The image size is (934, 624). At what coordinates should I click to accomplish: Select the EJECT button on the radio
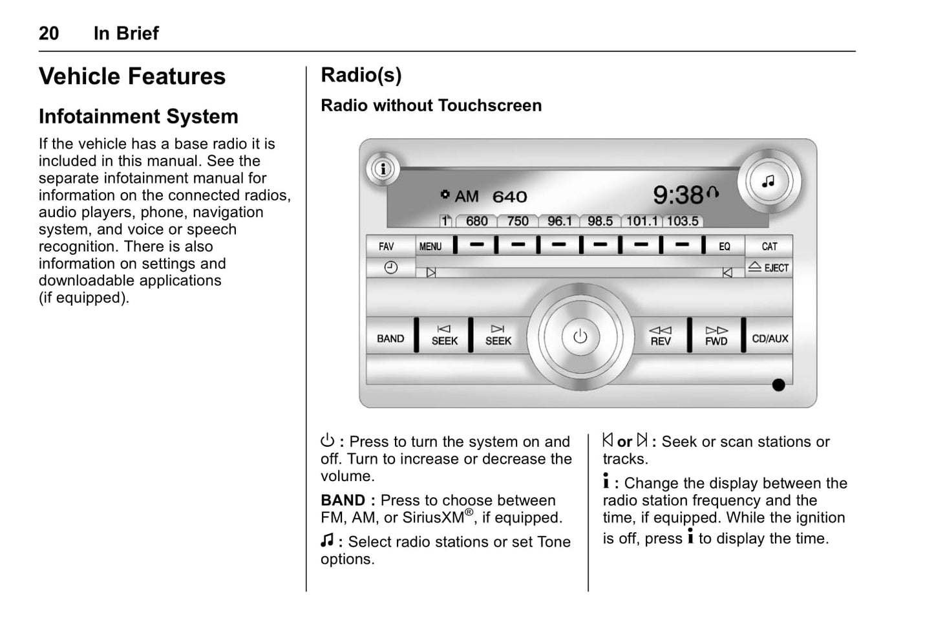[x=769, y=267]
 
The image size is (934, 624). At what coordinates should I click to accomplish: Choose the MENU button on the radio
[x=430, y=246]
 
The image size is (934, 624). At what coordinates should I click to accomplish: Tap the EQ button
[x=725, y=246]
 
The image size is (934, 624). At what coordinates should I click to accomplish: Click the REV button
[x=661, y=336]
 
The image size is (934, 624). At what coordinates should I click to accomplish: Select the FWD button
[x=716, y=336]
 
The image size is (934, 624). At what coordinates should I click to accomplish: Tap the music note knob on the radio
[x=769, y=182]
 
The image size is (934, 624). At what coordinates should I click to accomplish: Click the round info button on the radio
[x=383, y=169]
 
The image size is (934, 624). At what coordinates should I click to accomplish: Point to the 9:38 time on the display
[x=679, y=195]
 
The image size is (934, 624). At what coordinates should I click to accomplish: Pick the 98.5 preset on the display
[x=600, y=221]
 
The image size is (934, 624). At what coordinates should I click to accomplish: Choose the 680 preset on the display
[x=476, y=221]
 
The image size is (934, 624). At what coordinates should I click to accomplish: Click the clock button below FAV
[x=390, y=267]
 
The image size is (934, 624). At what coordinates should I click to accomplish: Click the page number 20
[x=48, y=34]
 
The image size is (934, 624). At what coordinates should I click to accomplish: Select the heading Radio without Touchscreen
[x=431, y=105]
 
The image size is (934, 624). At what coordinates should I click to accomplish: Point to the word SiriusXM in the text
[x=434, y=518]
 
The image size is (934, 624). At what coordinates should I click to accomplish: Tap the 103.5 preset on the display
[x=682, y=221]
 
